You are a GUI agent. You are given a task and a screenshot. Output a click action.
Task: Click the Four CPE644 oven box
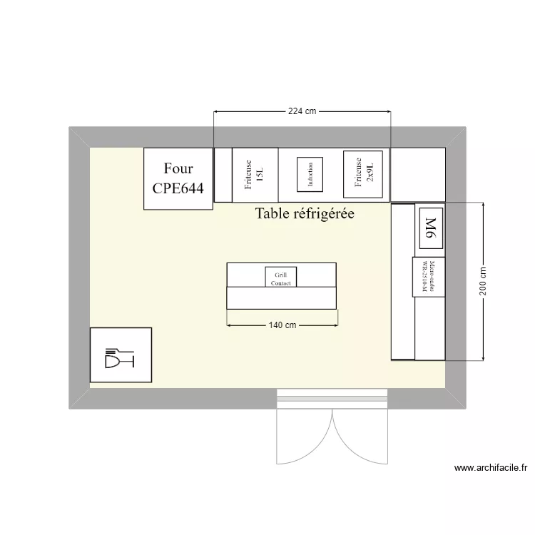click(x=178, y=178)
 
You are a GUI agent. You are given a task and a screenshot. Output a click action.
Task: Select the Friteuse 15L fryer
click(x=255, y=175)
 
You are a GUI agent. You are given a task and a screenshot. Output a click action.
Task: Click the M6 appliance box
click(x=430, y=228)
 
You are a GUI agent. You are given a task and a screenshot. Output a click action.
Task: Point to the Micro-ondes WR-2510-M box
click(x=428, y=277)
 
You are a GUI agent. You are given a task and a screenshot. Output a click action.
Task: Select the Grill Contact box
click(x=280, y=277)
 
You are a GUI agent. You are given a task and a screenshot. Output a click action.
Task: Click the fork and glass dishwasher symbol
click(x=120, y=355)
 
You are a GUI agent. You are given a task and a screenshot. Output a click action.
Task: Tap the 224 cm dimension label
click(x=302, y=112)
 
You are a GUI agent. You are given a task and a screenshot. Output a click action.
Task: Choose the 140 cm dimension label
click(x=282, y=325)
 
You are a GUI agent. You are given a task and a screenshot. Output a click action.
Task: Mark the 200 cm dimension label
click(x=484, y=281)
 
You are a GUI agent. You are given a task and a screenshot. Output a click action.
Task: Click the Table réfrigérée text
click(x=305, y=213)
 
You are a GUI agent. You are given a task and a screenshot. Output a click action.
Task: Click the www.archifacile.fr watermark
click(x=491, y=469)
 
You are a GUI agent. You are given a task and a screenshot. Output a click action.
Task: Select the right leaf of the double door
click(x=360, y=439)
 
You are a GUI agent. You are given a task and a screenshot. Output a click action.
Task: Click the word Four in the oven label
click(x=178, y=169)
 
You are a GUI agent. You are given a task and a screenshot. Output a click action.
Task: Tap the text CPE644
click(x=178, y=189)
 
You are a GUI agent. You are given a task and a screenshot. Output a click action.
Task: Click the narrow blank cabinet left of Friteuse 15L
click(x=223, y=175)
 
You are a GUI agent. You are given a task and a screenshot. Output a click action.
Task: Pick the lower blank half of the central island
click(x=281, y=297)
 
